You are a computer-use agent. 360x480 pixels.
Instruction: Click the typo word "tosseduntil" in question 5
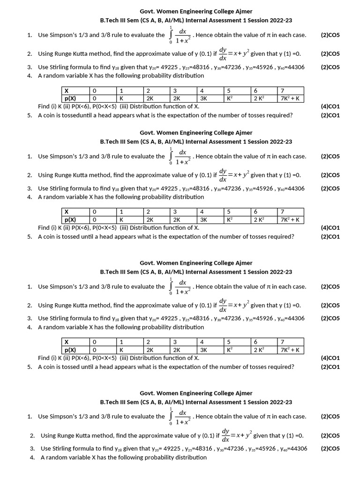point(81,115)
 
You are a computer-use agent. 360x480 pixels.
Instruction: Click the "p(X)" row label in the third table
point(70,350)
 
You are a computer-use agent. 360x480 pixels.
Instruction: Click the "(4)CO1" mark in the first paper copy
point(330,107)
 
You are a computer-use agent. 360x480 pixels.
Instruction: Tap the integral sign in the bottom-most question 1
point(171,416)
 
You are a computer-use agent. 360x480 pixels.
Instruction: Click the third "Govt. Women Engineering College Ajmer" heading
point(196,263)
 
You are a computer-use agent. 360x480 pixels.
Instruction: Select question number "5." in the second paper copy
point(30,237)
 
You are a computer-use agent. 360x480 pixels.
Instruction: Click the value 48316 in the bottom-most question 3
point(200,449)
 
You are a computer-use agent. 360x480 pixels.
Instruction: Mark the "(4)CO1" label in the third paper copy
point(330,358)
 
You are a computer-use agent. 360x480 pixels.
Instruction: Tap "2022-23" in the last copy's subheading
point(281,402)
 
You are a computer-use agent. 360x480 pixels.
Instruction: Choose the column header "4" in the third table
point(202,342)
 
